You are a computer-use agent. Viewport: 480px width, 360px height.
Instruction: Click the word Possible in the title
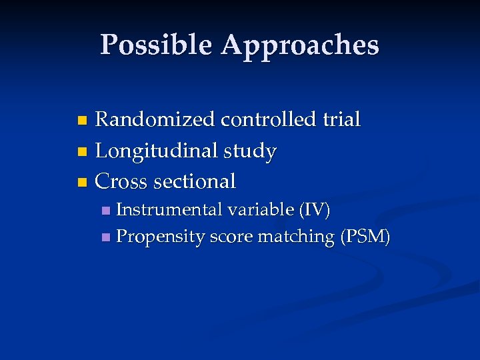pyautogui.click(x=157, y=45)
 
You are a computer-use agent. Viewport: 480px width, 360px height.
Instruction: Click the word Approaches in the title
pyautogui.click(x=300, y=45)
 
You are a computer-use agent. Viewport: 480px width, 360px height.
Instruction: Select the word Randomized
pyautogui.click(x=155, y=120)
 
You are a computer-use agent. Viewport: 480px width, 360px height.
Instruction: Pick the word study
pyautogui.click(x=249, y=151)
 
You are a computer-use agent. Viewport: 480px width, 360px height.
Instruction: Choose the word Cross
pyautogui.click(x=122, y=181)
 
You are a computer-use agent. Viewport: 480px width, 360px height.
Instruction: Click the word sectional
pyautogui.click(x=195, y=181)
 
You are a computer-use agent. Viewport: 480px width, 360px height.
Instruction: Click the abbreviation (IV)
pyautogui.click(x=315, y=210)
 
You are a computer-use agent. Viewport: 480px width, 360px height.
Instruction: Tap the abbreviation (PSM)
pyautogui.click(x=365, y=237)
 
